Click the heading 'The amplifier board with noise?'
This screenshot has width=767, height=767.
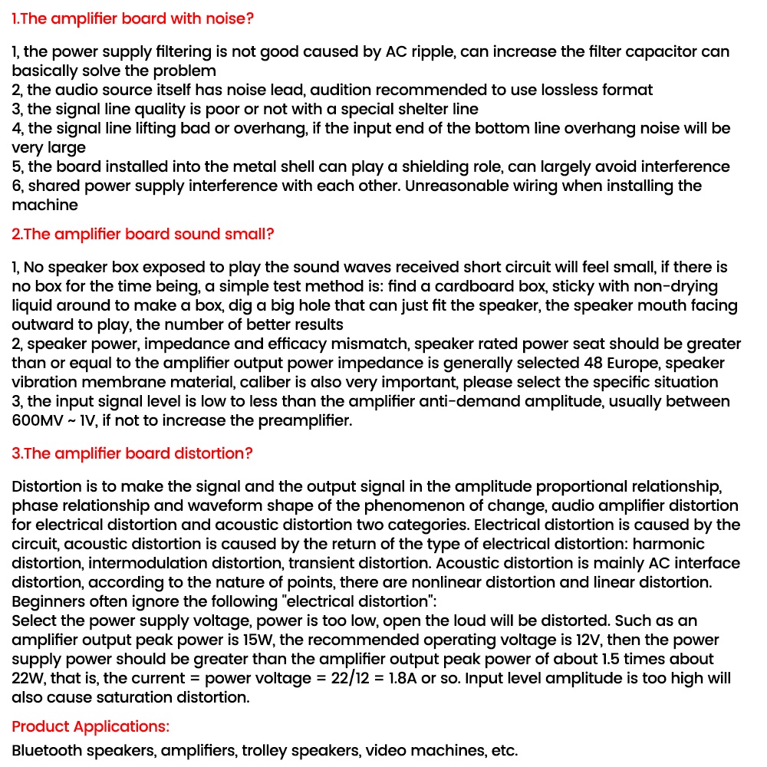(133, 18)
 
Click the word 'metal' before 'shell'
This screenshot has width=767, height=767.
(320, 167)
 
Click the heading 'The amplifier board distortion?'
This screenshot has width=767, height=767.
(132, 453)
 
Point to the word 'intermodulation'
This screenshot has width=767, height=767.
(133, 564)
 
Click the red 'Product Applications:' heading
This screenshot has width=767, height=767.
(91, 726)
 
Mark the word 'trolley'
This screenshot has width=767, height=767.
(265, 751)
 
